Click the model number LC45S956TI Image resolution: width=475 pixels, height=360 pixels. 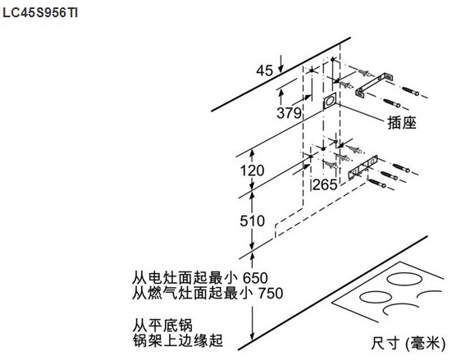tap(40, 13)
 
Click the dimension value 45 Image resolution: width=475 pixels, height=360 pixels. tap(264, 71)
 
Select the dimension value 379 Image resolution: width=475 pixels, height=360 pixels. tap(289, 113)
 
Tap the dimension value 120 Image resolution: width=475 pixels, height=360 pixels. tap(252, 171)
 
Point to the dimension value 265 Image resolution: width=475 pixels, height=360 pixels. tap(325, 185)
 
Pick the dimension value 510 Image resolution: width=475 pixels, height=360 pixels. tap(253, 221)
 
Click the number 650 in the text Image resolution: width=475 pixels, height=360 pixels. tap(255, 278)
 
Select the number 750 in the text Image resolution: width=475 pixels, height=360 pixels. tap(271, 293)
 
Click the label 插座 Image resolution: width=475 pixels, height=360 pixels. tap(402, 123)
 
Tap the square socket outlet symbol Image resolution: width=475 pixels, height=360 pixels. tap(330, 101)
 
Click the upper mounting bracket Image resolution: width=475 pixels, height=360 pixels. tap(374, 85)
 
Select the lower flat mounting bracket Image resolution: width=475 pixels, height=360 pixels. tap(363, 167)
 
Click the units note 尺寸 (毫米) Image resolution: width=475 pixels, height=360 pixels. tap(409, 344)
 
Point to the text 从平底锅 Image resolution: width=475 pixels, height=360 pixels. tap(162, 326)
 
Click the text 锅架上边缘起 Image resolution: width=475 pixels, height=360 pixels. tap(178, 340)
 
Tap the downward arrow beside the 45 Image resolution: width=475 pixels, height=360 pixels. tap(281, 64)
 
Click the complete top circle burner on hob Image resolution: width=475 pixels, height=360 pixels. tap(404, 279)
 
